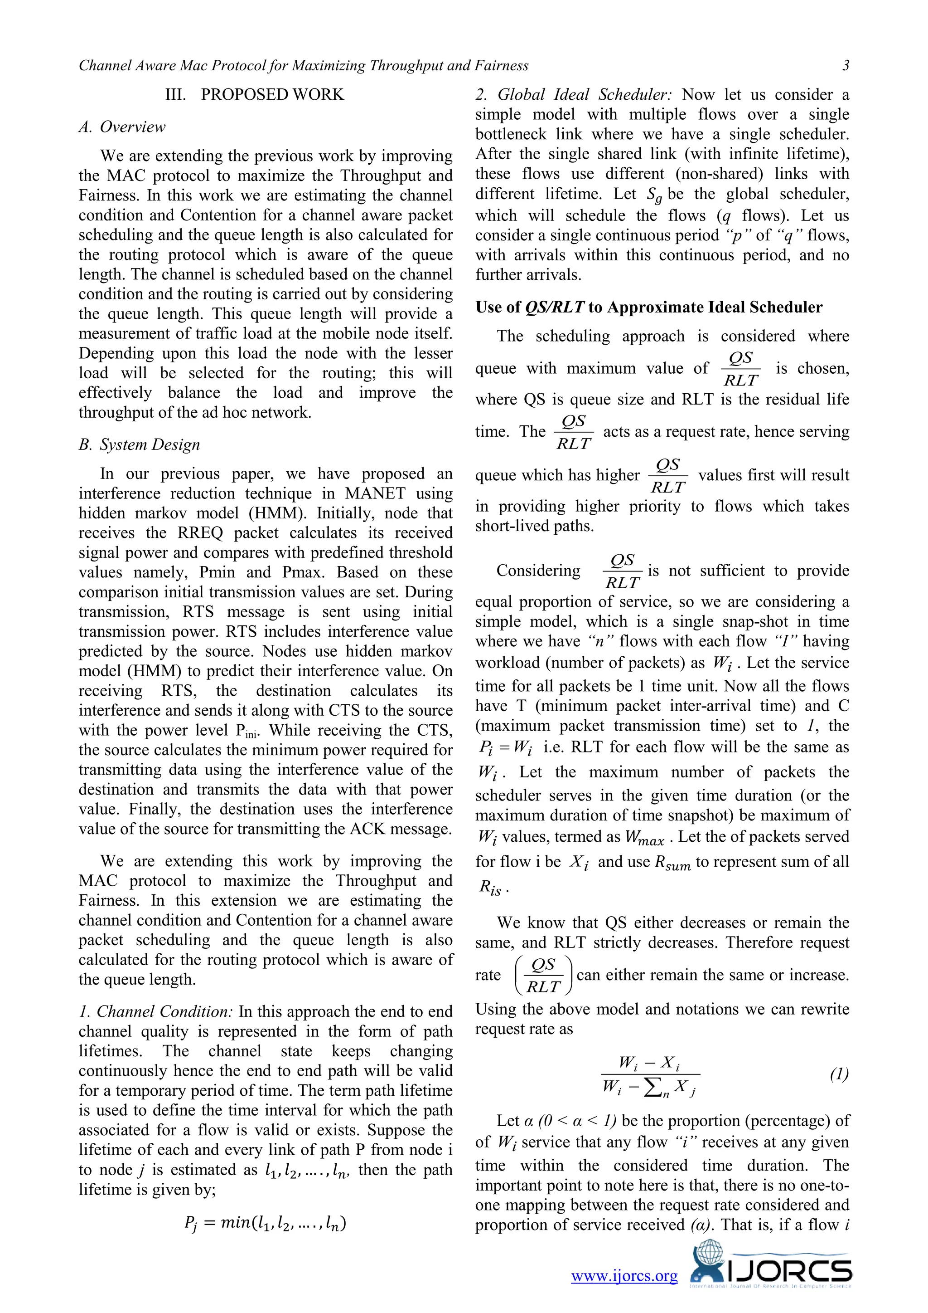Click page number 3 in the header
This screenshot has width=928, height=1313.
[x=846, y=66]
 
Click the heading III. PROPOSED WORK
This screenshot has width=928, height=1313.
[x=254, y=94]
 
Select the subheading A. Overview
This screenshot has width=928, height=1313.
[x=122, y=127]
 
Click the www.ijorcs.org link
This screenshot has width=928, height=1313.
[x=624, y=1275]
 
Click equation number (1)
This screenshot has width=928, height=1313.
[x=839, y=1074]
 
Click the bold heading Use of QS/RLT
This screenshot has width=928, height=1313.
[x=648, y=307]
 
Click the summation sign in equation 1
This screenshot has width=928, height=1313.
[x=651, y=1088]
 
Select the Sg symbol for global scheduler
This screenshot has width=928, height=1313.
[x=654, y=195]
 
